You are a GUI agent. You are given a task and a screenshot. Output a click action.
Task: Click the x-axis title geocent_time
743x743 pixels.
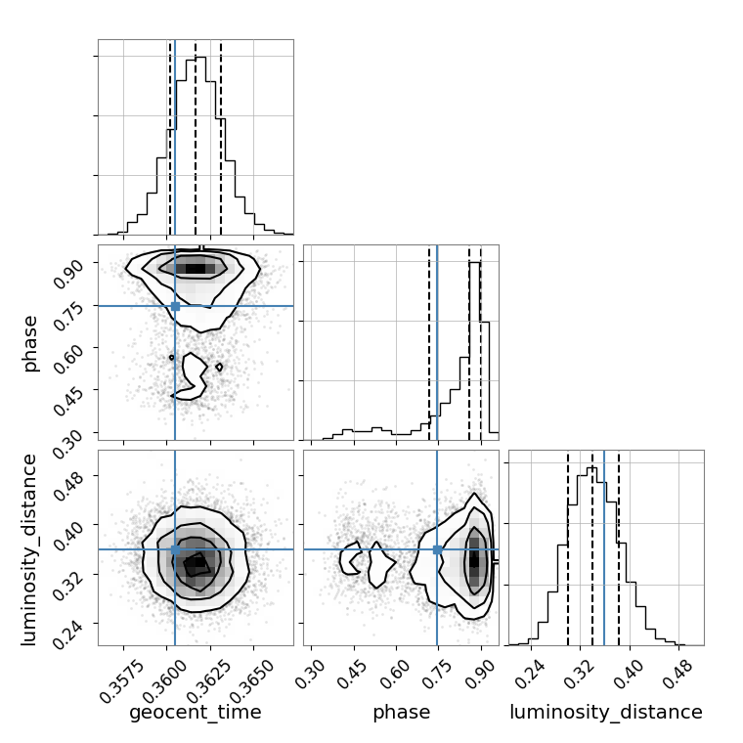196,713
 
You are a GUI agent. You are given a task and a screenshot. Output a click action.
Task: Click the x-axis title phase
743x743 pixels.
401,713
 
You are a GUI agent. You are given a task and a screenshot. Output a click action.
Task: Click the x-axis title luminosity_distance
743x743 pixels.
606,713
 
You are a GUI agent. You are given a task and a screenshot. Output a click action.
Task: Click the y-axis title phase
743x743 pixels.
31,342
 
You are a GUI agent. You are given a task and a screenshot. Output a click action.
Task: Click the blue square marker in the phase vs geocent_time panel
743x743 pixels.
175,306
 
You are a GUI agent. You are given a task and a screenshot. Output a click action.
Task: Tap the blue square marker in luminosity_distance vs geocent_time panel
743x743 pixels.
175,549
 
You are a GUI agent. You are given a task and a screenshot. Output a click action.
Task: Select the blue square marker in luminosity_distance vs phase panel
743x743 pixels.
437,549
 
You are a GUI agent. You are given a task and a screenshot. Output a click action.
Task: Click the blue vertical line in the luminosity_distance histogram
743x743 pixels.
604,547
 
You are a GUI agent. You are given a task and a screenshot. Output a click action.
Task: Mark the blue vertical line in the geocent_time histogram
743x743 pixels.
175,137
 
